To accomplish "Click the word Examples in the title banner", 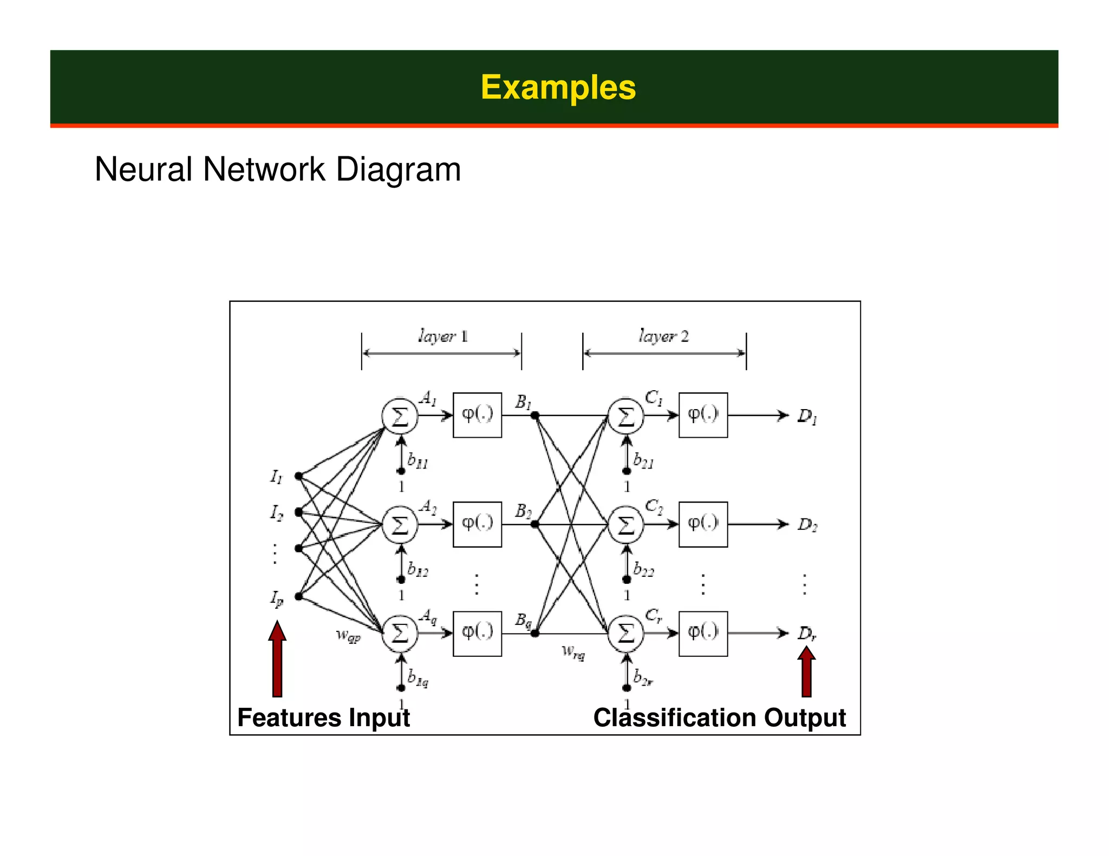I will [x=558, y=87].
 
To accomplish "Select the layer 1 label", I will [x=442, y=336].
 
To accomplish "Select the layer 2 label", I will [x=663, y=336].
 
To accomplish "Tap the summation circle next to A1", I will [x=400, y=416].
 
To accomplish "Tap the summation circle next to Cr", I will [x=626, y=633].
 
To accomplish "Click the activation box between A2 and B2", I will [x=477, y=524].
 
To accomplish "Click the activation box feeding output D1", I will [x=703, y=415].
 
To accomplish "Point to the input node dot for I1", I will [x=298, y=476].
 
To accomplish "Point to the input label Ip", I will [x=277, y=598].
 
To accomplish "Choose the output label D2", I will [x=807, y=525].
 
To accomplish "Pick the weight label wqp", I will [x=348, y=635].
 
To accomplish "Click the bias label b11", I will [x=417, y=461].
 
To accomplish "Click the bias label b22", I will [x=643, y=569].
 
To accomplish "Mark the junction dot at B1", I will [x=534, y=416].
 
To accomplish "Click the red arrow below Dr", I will [x=806, y=672].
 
